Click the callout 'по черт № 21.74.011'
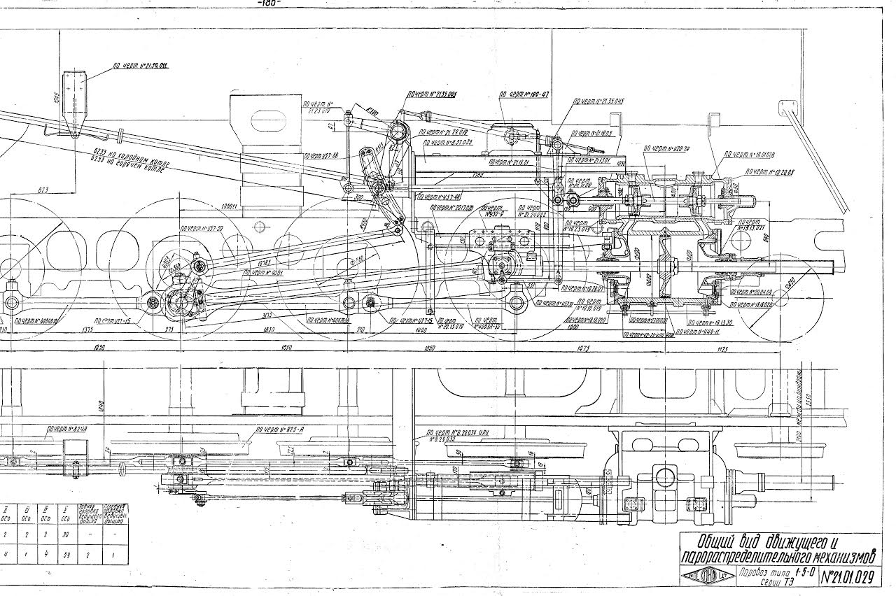[143, 66]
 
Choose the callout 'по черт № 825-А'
[279, 429]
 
